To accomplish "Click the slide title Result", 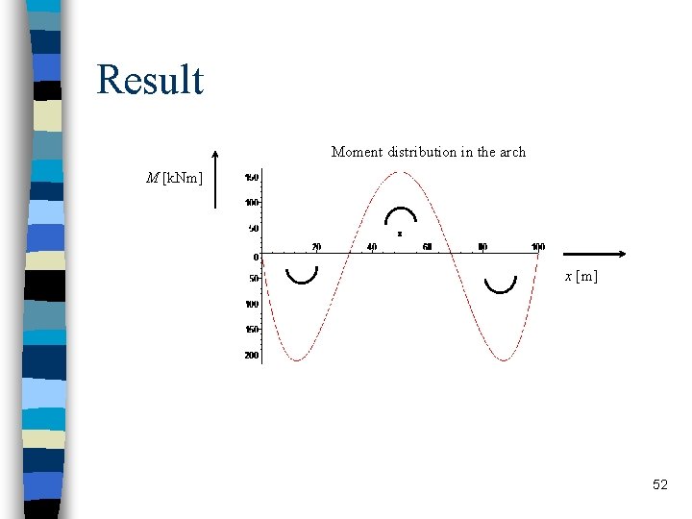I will [150, 80].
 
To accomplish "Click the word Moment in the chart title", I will [354, 152].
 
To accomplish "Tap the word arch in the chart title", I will [512, 152].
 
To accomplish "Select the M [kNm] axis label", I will [174, 177].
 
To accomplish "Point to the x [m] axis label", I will [581, 276].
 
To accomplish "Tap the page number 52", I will [659, 485].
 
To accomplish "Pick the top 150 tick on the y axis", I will [251, 178].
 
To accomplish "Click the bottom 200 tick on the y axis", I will [251, 356].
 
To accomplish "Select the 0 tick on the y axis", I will [257, 258].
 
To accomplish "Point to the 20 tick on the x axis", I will [316, 247].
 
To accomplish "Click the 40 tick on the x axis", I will [372, 247].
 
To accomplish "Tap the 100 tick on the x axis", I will [538, 247].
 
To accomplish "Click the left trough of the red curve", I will [297, 360].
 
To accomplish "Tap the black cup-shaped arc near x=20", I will [302, 277].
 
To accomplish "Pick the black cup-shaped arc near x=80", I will [501, 284].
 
